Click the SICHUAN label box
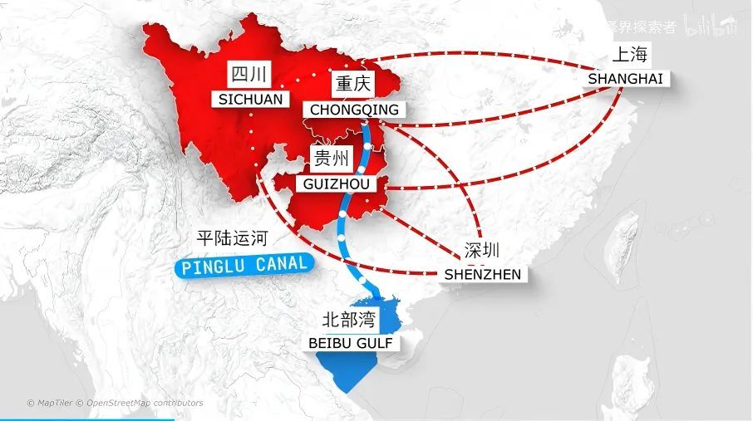(251, 99)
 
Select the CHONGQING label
(354, 109)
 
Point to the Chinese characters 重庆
(353, 85)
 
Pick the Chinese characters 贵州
(331, 159)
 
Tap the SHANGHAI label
(626, 78)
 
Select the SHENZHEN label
(483, 274)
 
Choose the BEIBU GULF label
(349, 342)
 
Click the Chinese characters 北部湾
(348, 319)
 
